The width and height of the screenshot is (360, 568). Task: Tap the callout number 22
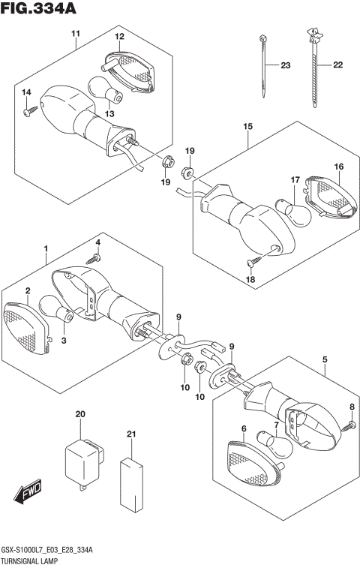tap(337, 65)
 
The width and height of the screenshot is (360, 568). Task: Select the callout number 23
tap(284, 65)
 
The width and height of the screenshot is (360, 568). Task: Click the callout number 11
tap(75, 34)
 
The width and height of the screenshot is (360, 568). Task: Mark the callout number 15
tap(247, 127)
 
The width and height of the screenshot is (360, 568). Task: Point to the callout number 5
tap(325, 359)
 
